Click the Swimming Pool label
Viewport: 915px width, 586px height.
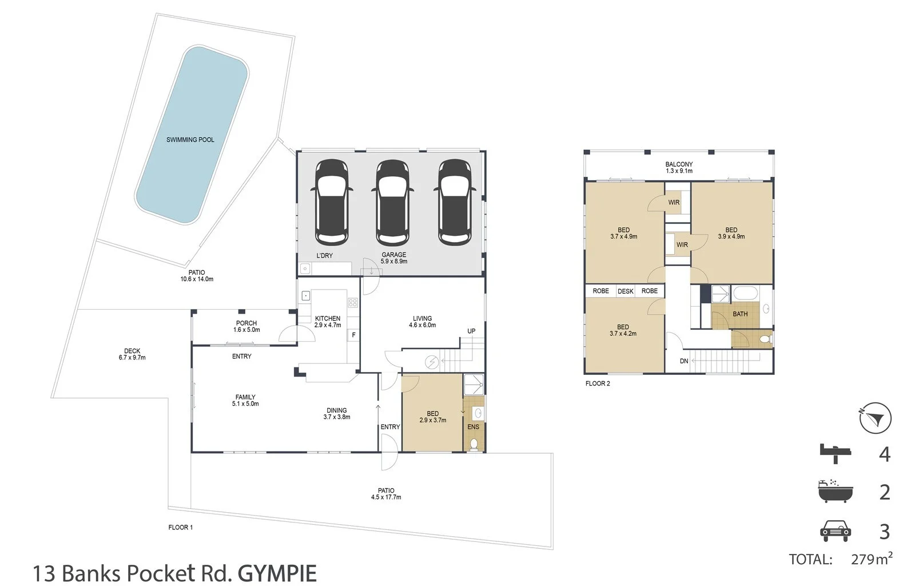point(190,140)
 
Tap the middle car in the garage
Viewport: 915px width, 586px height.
point(392,202)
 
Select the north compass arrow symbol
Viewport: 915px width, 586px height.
point(875,418)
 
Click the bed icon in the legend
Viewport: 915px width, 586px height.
point(836,454)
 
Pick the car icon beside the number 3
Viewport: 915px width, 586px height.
point(836,531)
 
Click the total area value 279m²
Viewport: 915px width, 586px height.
point(872,559)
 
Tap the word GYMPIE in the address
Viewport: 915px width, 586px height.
point(277,573)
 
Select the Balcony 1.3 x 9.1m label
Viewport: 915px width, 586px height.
point(679,168)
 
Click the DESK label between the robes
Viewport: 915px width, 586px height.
point(626,291)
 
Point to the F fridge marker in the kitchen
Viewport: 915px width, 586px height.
point(354,335)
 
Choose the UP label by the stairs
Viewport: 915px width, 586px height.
point(471,331)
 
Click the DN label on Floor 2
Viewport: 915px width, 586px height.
point(684,361)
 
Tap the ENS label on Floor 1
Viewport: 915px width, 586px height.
point(473,427)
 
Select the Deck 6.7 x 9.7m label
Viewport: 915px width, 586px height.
point(132,354)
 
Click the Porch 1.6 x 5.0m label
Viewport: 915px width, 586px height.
point(246,327)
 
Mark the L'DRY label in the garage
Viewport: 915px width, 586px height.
point(324,256)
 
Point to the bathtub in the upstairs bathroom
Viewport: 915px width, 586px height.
point(746,294)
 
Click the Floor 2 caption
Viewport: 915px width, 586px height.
point(598,384)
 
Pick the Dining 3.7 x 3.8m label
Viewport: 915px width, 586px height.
point(337,414)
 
